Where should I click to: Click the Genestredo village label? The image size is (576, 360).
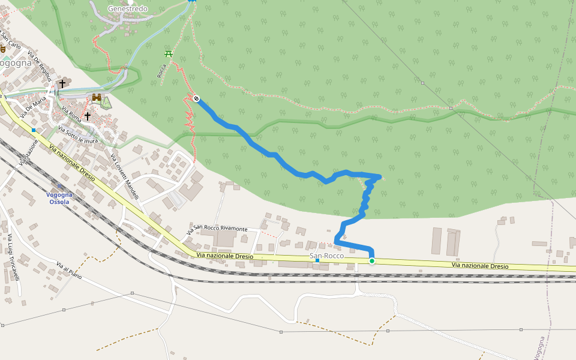click(127, 9)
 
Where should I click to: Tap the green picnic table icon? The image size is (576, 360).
click(169, 54)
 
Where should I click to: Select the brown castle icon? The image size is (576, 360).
click(96, 97)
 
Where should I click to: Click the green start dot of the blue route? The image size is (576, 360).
click(372, 260)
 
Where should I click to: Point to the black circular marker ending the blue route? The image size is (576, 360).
click(196, 98)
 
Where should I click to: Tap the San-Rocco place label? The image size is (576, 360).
click(326, 256)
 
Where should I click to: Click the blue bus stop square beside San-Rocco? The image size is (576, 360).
click(317, 260)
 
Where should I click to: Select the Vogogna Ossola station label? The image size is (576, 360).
click(59, 198)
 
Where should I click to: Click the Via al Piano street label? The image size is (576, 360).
click(68, 272)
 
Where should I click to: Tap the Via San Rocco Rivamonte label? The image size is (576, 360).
click(217, 230)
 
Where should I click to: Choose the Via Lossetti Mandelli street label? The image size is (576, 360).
click(125, 177)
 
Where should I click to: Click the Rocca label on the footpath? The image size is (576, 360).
click(161, 71)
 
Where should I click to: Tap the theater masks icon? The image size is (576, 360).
click(2, 48)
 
